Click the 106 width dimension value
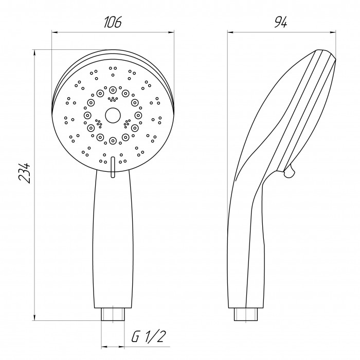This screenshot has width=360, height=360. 112,22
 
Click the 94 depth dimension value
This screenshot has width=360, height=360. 281,22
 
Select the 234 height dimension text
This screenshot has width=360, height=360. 24,173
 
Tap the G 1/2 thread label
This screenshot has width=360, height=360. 148,336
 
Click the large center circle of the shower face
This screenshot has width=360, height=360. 113,115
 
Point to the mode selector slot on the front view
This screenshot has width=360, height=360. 113,167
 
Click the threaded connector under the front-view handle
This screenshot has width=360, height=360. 113,314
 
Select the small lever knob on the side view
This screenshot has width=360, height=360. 289,171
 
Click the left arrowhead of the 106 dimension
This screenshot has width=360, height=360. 55,32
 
